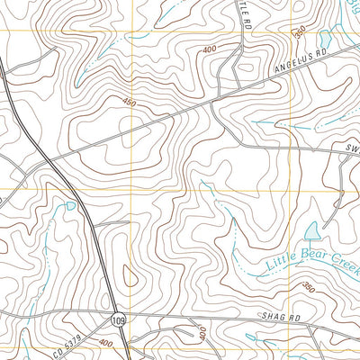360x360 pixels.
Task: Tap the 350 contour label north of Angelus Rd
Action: (x=301, y=31)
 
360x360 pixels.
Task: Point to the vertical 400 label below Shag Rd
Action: (x=203, y=334)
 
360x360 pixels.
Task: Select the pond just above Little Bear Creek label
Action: (x=312, y=231)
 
